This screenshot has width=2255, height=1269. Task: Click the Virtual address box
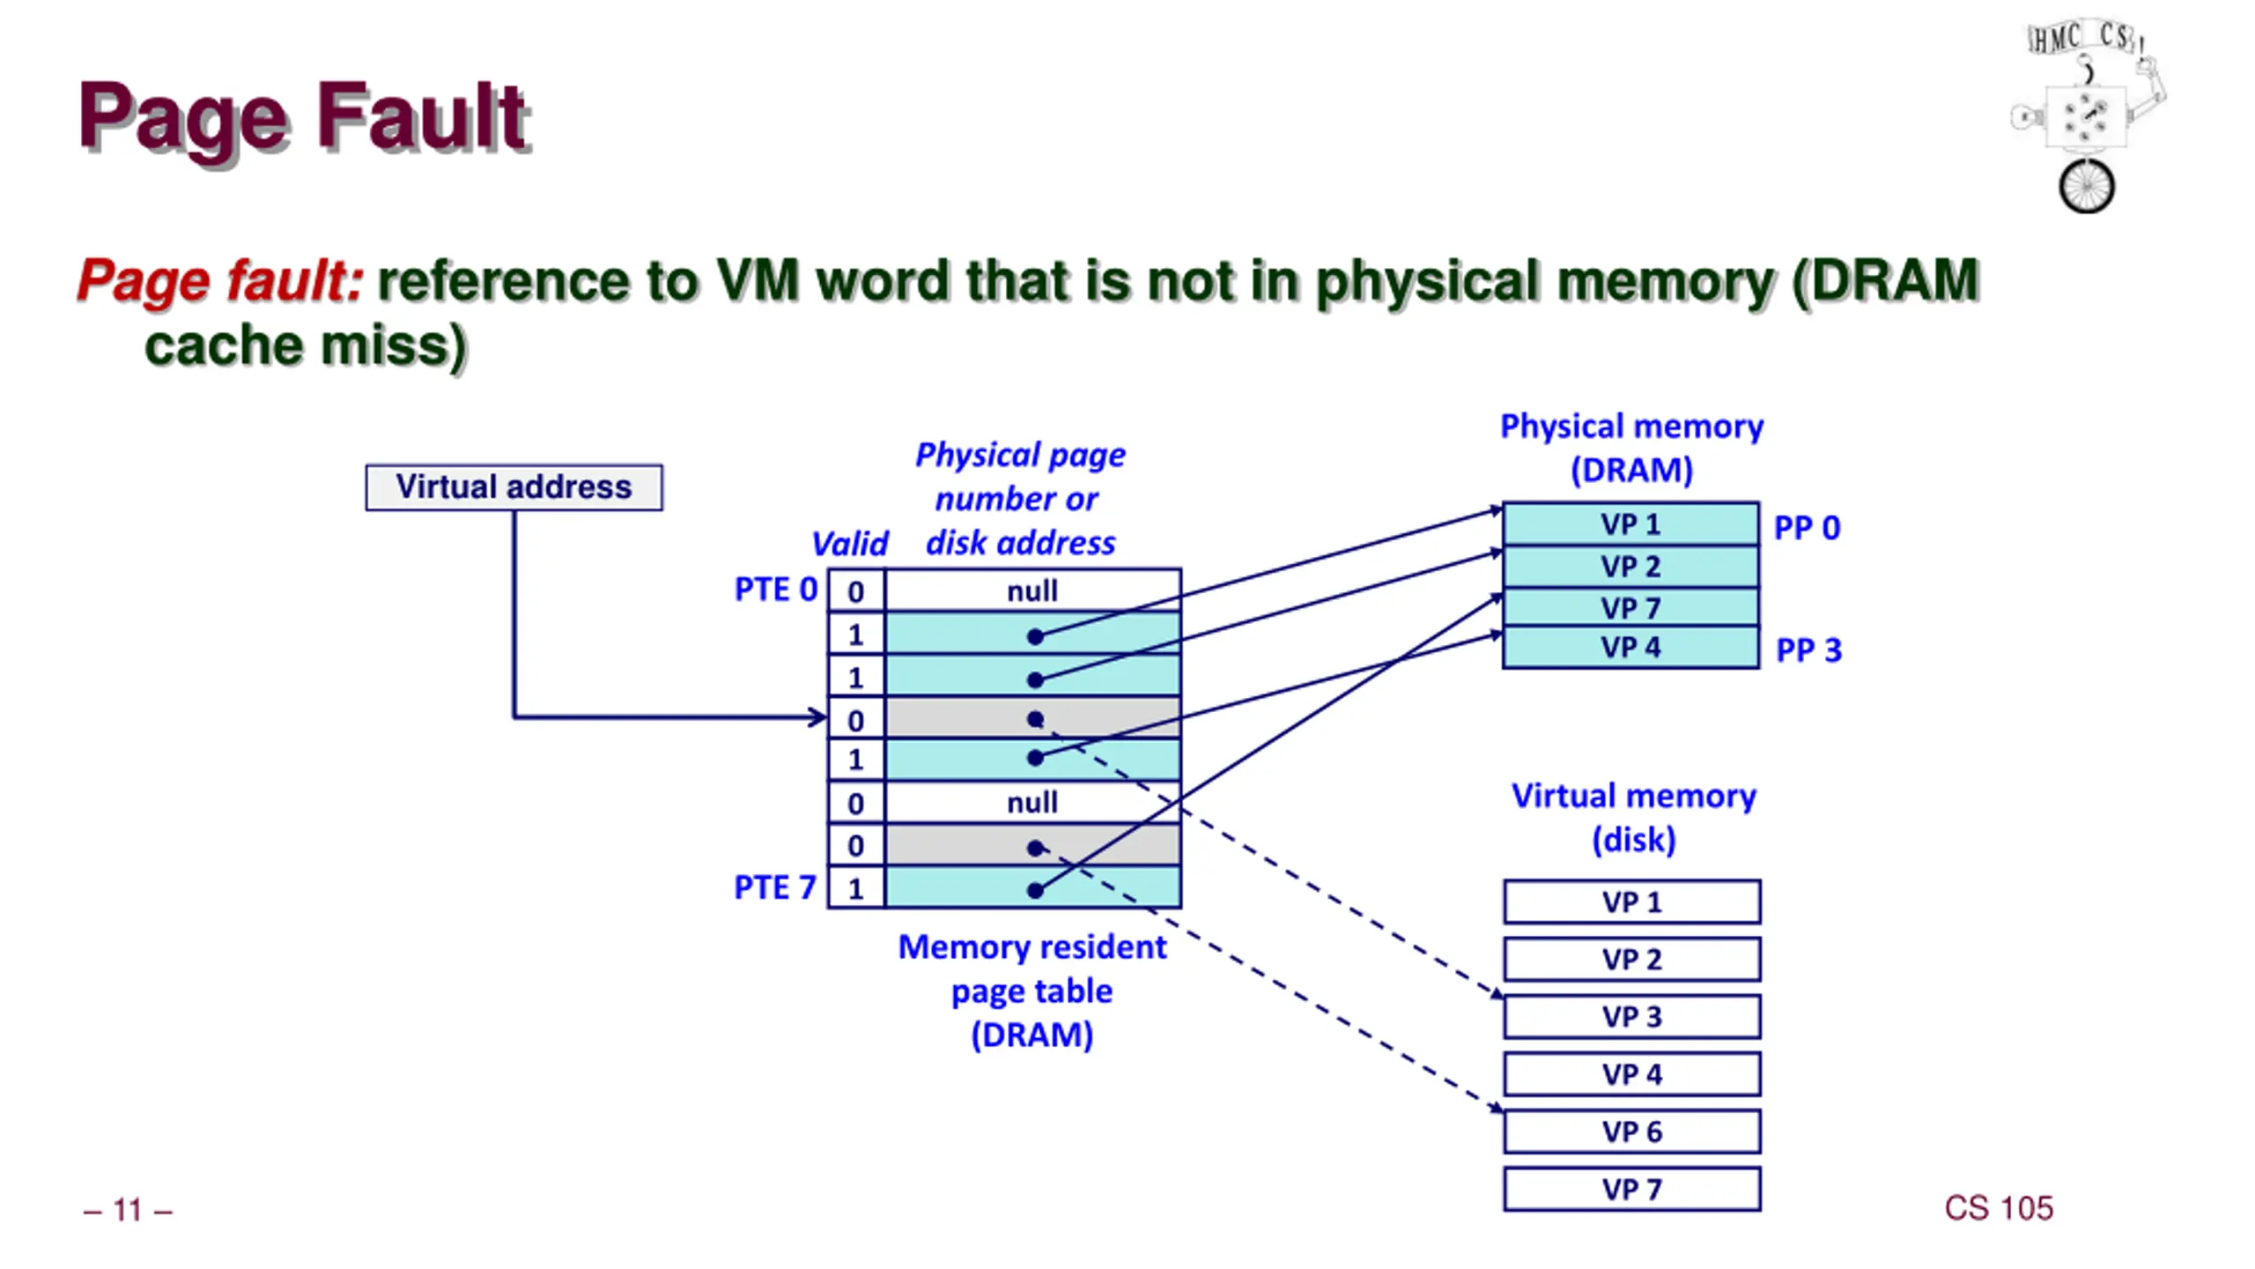pyautogui.click(x=514, y=487)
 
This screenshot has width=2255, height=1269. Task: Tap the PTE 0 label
pyautogui.click(x=776, y=590)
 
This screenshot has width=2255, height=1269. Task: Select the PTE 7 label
pyautogui.click(x=775, y=887)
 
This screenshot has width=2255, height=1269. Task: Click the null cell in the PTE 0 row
pyautogui.click(x=1032, y=590)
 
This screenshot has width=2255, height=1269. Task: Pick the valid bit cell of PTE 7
pyautogui.click(x=856, y=887)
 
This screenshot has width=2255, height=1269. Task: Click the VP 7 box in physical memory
pyautogui.click(x=1630, y=607)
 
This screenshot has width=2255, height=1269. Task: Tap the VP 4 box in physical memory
pyautogui.click(x=1630, y=648)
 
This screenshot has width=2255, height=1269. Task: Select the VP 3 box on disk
pyautogui.click(x=1632, y=1017)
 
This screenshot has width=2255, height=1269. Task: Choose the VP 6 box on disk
pyautogui.click(x=1632, y=1132)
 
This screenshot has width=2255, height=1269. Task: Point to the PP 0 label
pyautogui.click(x=1807, y=528)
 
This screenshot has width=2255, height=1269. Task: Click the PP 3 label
pyautogui.click(x=1808, y=650)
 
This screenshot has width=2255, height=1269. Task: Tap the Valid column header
pyautogui.click(x=850, y=544)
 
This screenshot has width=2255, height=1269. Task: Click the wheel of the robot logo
pyautogui.click(x=2086, y=187)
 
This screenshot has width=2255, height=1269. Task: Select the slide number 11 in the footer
pyautogui.click(x=128, y=1210)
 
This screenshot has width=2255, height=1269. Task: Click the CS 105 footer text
pyautogui.click(x=1999, y=1208)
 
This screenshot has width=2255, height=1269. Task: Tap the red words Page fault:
pyautogui.click(x=220, y=281)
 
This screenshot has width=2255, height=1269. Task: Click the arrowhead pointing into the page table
pyautogui.click(x=818, y=717)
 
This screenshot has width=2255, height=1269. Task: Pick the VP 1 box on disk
pyautogui.click(x=1632, y=902)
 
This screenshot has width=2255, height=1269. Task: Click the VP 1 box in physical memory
pyautogui.click(x=1630, y=524)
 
